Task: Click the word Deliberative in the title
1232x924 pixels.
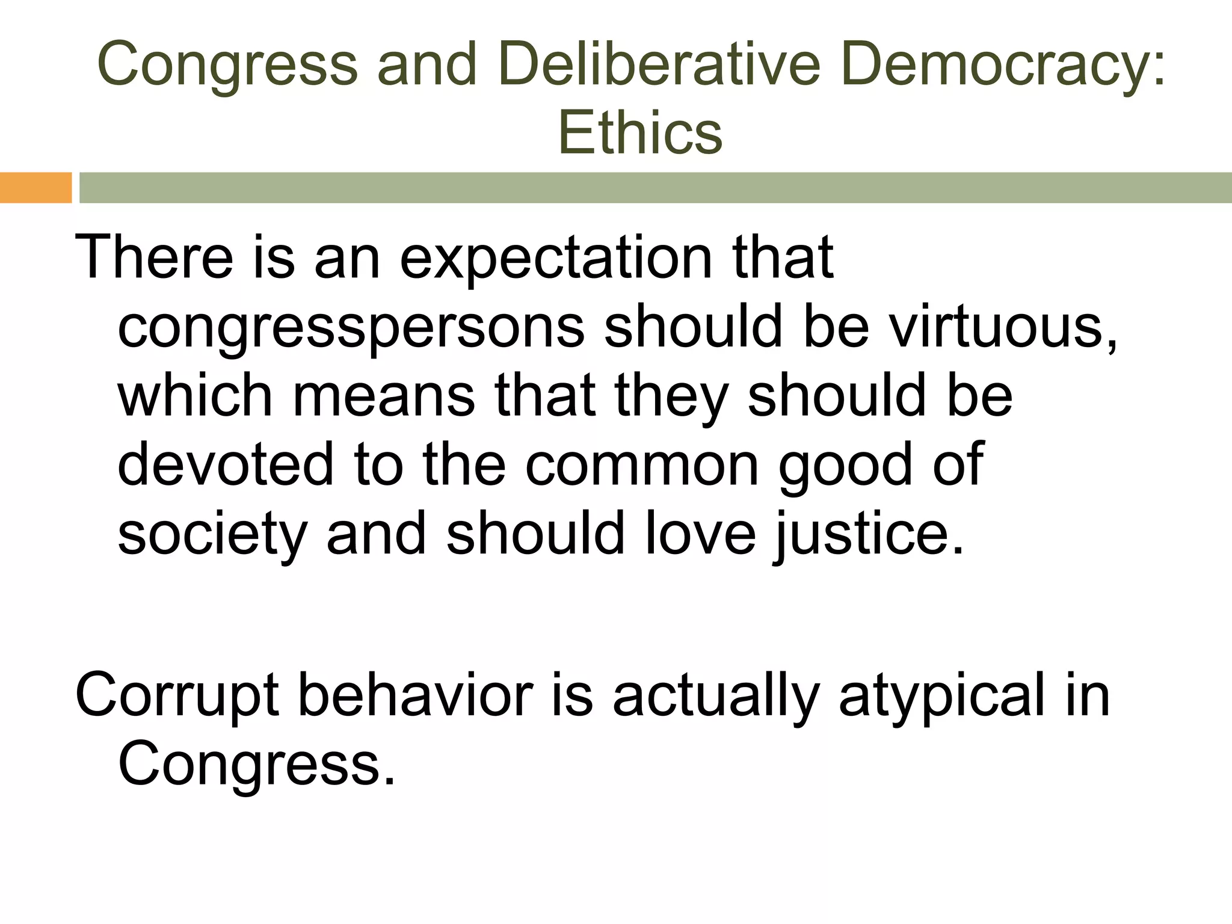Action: coord(659,64)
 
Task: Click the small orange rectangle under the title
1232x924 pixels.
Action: coord(35,188)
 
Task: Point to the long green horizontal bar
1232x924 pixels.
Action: coord(655,188)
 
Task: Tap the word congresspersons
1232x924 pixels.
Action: coord(351,328)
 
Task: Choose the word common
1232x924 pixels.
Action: coord(642,465)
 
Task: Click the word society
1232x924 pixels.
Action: coord(212,534)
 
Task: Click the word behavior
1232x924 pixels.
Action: coord(416,695)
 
